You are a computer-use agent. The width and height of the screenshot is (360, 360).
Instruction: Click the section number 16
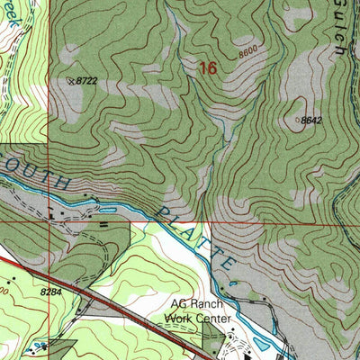[x=208, y=67]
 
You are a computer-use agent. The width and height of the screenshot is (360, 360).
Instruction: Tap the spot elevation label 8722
[x=85, y=81]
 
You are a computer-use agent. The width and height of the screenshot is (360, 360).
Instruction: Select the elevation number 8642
[x=311, y=120]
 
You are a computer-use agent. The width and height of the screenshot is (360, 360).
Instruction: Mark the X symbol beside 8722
[x=71, y=81]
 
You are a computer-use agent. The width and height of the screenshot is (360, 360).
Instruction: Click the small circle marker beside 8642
[x=298, y=118]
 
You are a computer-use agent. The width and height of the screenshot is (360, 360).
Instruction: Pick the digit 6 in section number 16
[x=212, y=67]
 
